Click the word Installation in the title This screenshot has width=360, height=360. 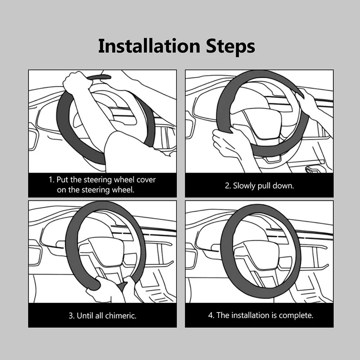149,46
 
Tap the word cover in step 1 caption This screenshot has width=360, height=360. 146,180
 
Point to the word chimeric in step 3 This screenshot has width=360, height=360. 121,316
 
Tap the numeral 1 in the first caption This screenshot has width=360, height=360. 50,180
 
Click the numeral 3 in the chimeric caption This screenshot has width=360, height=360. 71,316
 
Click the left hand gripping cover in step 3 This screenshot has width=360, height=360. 101,289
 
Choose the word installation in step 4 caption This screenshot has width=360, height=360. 250,315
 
